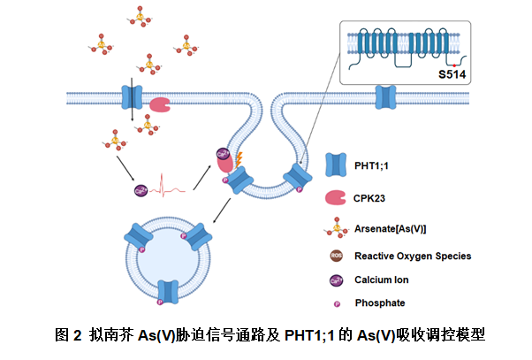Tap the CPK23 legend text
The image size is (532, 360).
point(371,198)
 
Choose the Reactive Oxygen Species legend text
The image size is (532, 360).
point(413,256)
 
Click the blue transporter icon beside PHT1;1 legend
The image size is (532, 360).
point(337,164)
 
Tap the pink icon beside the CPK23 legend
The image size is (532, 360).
point(337,198)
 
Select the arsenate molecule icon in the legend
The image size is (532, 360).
point(336,228)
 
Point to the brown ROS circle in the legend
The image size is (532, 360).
point(337,256)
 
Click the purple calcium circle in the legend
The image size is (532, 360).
point(337,280)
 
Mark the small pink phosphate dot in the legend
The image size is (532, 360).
point(337,303)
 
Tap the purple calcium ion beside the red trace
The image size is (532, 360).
point(139,189)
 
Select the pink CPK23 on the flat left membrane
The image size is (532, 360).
point(160,104)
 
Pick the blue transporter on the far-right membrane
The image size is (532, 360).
point(386,95)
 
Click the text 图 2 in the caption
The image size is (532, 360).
point(68,335)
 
